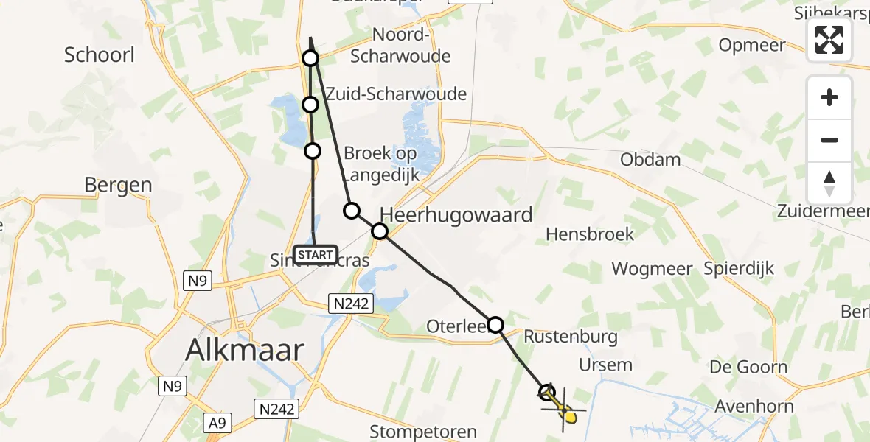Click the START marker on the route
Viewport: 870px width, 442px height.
(315, 254)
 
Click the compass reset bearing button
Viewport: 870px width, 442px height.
(829, 183)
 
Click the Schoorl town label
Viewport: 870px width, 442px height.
(100, 55)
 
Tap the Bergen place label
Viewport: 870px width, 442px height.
(118, 185)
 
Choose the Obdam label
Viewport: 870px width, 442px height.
(651, 159)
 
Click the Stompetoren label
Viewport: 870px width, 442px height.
(423, 432)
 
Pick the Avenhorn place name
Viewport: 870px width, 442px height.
(754, 406)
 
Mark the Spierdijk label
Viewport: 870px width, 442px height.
(739, 268)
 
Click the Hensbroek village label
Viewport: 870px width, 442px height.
(590, 234)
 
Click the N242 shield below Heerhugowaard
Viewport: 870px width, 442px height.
(352, 303)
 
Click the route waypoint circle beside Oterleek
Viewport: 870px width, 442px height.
(495, 324)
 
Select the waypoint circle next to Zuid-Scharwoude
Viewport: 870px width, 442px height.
(310, 105)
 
